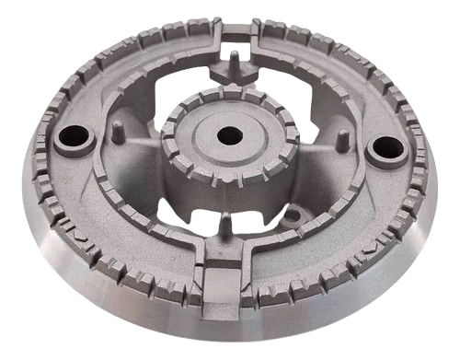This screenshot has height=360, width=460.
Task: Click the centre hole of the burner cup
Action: pos(229,135)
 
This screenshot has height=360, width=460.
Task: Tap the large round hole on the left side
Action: pos(73,138)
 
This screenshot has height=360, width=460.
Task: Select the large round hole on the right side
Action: pos(385,147)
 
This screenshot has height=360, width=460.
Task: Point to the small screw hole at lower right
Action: pos(292,218)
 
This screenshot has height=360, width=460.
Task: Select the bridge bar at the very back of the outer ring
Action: pos(236,30)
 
